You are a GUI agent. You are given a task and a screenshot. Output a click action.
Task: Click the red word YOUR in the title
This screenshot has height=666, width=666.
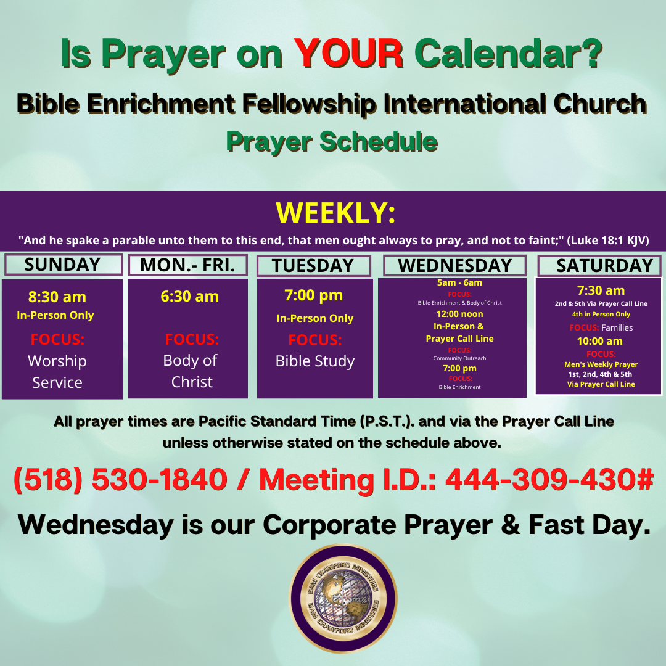coord(348,54)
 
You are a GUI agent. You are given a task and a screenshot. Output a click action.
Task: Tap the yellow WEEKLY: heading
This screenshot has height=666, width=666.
coord(335,212)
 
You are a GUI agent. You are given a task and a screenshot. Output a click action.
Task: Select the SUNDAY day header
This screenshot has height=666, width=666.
coord(64,265)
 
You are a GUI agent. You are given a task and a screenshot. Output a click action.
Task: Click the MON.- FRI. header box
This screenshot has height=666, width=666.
coord(187,265)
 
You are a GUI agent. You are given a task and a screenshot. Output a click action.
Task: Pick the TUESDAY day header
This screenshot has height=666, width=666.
coord(313,265)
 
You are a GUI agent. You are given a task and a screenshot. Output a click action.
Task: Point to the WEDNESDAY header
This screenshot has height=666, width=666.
coord(455,265)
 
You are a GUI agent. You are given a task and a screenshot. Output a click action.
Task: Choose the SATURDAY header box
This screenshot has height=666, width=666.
coord(599,265)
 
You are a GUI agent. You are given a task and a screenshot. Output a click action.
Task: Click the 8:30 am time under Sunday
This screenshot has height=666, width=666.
coord(57,297)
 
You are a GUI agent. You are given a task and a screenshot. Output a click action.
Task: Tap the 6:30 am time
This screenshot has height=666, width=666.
coord(189,296)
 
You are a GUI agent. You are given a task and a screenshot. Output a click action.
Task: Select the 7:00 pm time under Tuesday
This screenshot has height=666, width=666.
coord(313,295)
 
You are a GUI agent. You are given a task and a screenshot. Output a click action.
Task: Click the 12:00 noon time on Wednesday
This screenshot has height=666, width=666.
coord(459,314)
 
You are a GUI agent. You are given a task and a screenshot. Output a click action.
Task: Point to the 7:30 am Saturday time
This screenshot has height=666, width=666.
coord(601,290)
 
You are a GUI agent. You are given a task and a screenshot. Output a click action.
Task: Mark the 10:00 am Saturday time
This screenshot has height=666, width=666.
coord(600,341)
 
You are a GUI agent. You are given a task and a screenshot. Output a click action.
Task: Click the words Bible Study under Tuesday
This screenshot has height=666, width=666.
coord(314,361)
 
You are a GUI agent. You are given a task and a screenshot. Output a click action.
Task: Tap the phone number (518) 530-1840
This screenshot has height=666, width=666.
coord(121,480)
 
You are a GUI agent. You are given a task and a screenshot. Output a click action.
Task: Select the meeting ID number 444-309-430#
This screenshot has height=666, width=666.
coord(549,480)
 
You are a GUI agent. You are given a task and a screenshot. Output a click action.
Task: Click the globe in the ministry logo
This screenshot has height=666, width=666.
coord(343,598)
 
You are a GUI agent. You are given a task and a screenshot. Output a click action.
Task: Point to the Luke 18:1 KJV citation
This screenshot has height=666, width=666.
coord(608,240)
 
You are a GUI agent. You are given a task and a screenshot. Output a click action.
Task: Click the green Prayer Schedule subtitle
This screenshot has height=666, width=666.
coord(332,141)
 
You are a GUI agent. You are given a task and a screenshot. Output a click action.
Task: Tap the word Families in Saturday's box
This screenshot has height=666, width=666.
coord(617,327)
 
